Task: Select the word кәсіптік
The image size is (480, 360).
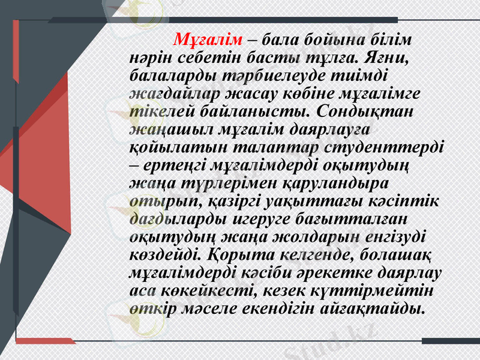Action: [x=413, y=199]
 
